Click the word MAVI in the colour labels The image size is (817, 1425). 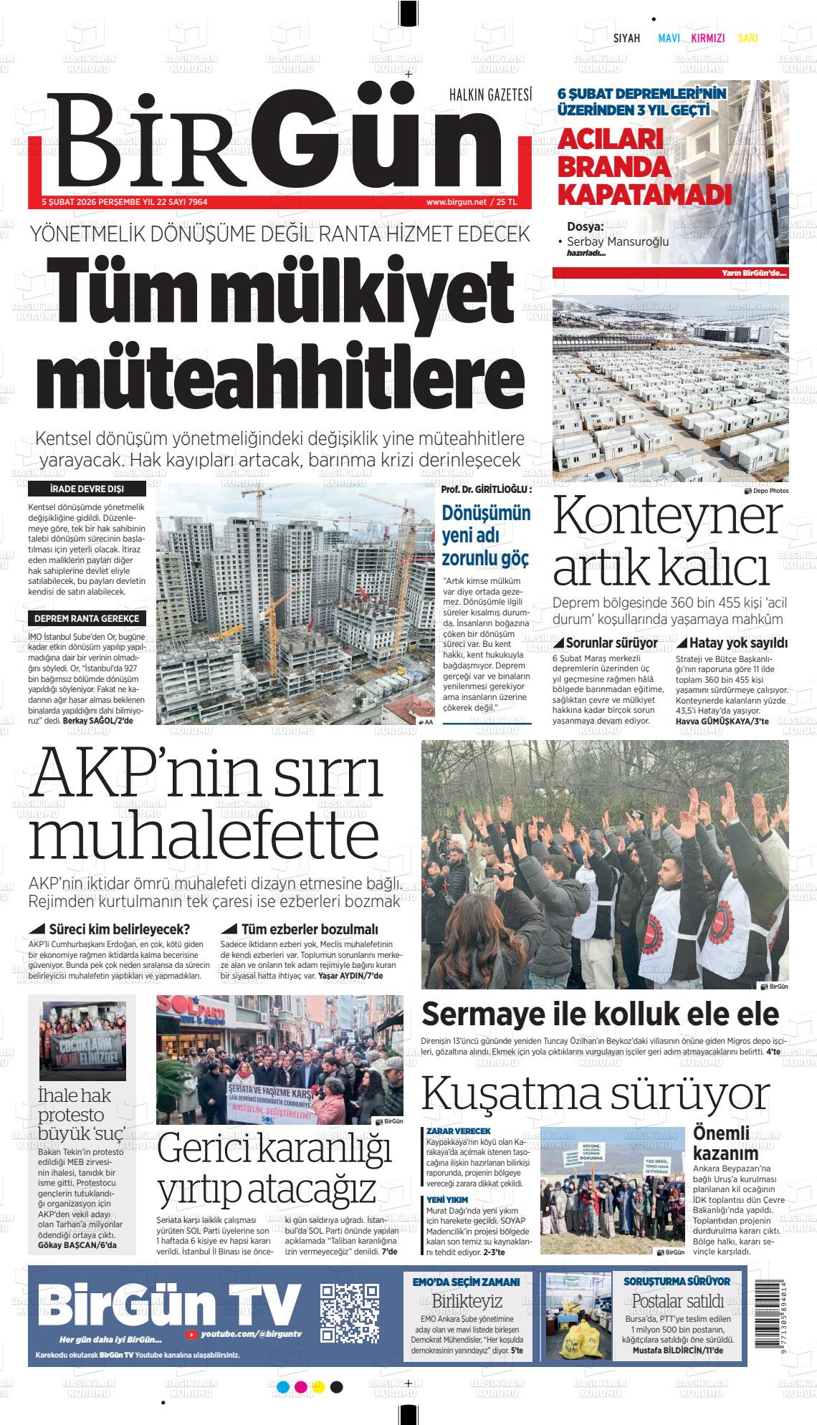(x=669, y=39)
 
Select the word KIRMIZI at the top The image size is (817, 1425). (x=707, y=39)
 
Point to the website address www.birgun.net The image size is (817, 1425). (x=455, y=202)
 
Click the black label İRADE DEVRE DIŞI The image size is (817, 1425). (x=87, y=489)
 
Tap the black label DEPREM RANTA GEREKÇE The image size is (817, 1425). (x=87, y=618)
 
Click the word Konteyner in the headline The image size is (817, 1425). (x=666, y=517)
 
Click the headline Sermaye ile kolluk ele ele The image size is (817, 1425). (x=600, y=1014)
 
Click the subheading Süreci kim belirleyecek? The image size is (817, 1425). (x=114, y=929)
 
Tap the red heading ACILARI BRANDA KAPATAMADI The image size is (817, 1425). (x=644, y=166)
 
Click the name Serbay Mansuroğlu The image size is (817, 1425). (x=617, y=241)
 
